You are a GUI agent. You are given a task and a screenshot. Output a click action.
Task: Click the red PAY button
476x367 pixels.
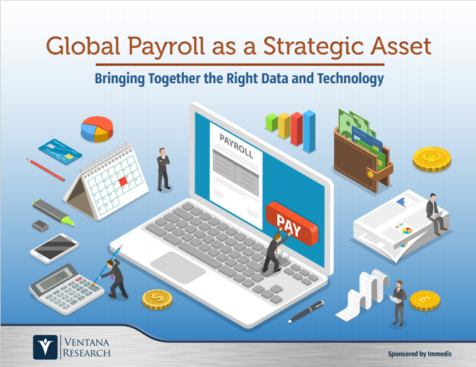[292, 224]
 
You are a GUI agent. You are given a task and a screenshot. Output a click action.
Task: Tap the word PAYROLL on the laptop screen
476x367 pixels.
[236, 146]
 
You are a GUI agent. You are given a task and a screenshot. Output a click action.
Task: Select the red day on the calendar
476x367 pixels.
[123, 181]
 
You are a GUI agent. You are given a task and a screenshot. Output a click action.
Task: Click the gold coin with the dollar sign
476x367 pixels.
[157, 299]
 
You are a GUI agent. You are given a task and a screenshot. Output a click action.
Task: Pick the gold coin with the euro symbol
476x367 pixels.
[432, 159]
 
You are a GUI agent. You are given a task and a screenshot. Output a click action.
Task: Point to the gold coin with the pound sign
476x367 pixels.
[425, 301]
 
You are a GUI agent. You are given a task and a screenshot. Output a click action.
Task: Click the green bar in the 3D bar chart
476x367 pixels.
[271, 123]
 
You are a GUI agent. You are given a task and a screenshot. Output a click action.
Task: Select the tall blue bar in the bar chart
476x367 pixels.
[309, 131]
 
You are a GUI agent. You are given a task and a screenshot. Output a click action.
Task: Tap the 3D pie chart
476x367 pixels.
[97, 129]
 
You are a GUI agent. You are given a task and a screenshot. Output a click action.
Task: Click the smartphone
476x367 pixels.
[54, 248]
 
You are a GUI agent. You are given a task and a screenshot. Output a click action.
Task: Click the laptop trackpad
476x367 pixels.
[178, 268]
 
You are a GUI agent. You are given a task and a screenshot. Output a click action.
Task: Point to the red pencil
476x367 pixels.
[45, 169]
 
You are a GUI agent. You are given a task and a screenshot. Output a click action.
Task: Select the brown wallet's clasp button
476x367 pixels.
[370, 174]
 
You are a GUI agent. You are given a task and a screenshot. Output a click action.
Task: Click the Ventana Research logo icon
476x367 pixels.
[45, 347]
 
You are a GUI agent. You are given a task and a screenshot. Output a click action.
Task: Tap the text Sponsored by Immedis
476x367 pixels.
[420, 354]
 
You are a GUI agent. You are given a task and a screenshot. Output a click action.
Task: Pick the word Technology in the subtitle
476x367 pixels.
[350, 78]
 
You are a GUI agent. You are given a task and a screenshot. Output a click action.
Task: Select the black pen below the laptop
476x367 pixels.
[306, 311]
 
